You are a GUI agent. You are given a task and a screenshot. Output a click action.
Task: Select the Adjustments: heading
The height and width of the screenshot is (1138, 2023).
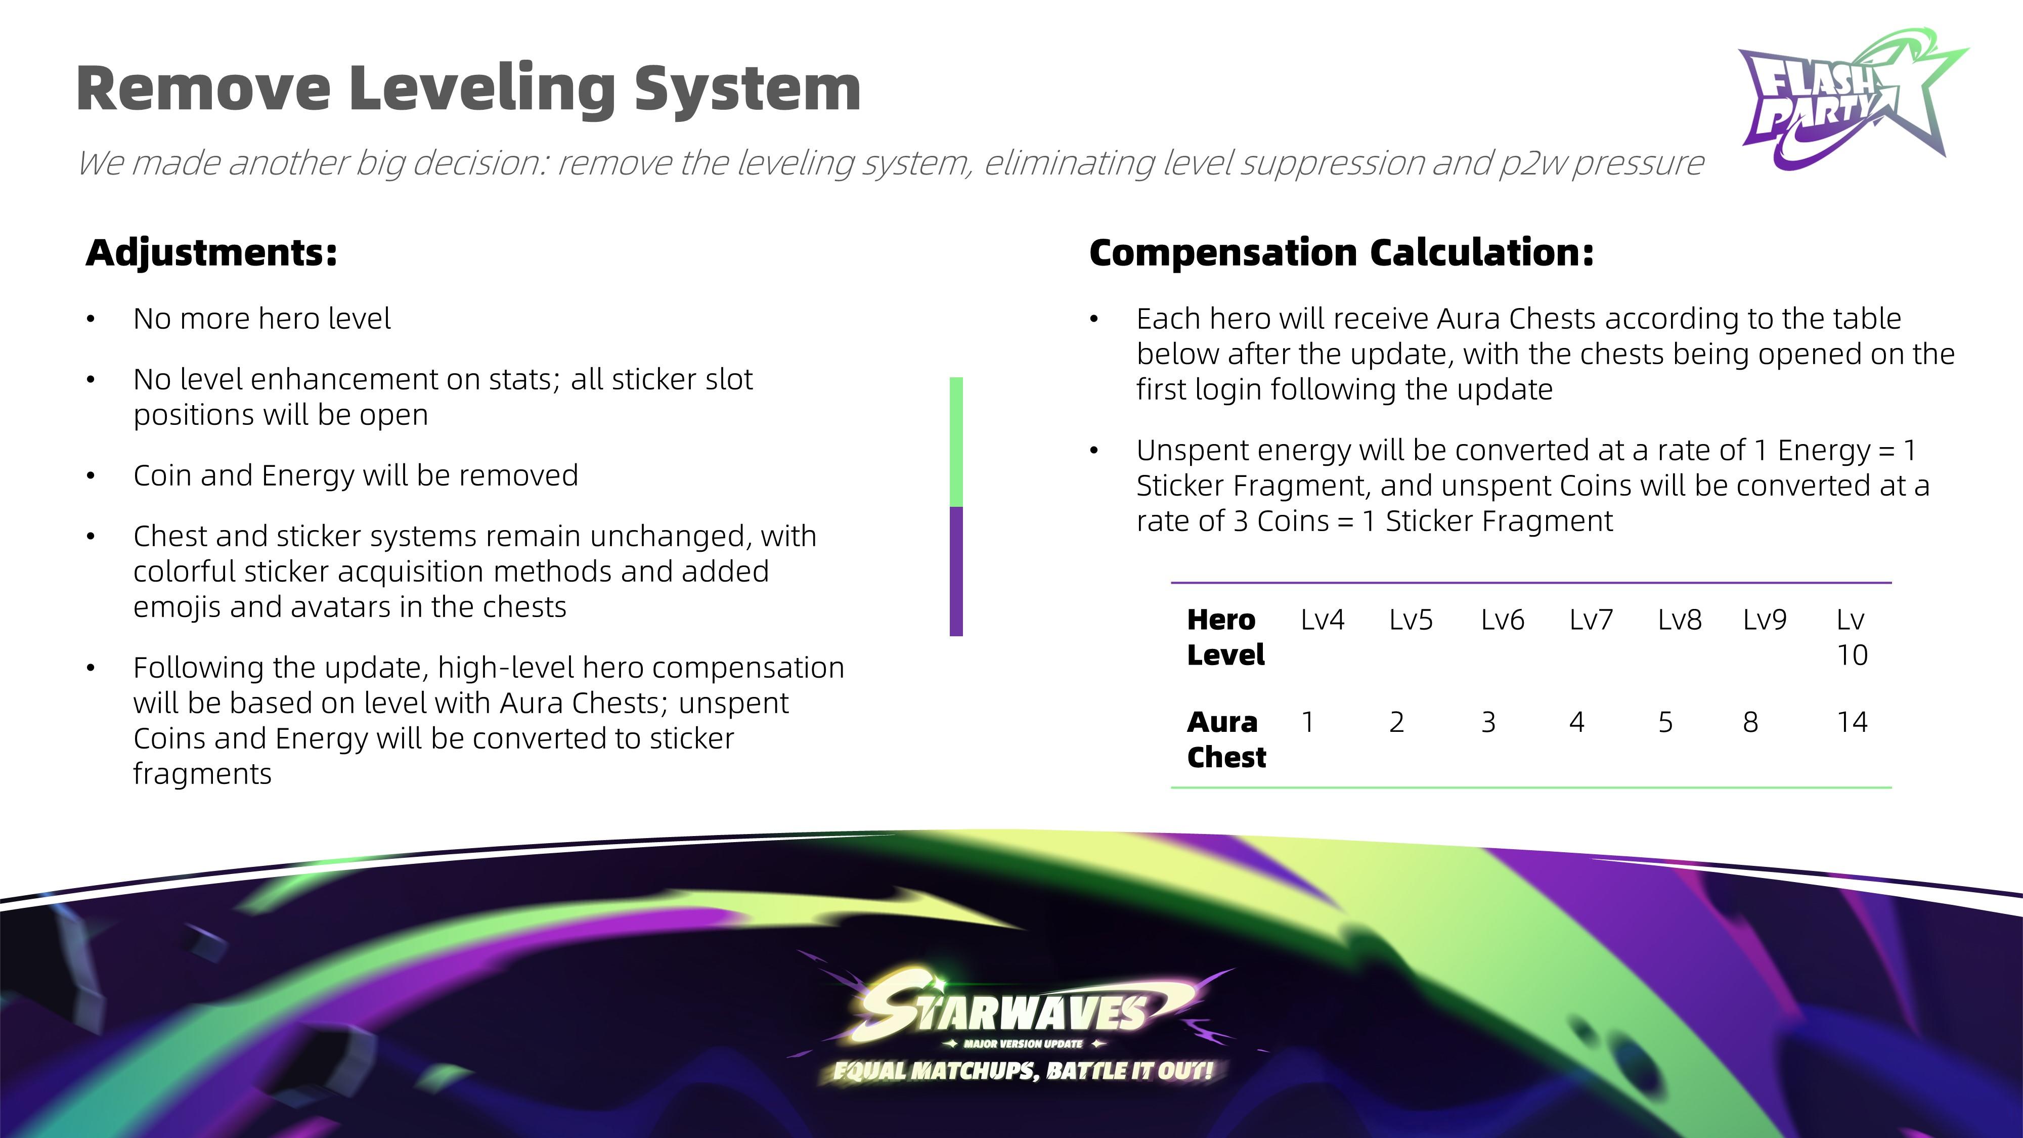pyautogui.click(x=211, y=253)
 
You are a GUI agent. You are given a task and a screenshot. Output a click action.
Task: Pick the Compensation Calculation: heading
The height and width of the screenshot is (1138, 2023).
pyautogui.click(x=1341, y=253)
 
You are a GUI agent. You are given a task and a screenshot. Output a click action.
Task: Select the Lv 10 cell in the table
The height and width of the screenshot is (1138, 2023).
pyautogui.click(x=1852, y=637)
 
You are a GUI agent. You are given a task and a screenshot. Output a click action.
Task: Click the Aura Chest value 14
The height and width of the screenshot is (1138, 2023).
pyautogui.click(x=1852, y=722)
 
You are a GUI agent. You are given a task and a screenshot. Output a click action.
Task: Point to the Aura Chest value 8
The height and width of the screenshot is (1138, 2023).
pyautogui.click(x=1750, y=722)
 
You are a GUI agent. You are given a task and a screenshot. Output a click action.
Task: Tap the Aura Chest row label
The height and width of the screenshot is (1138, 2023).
pyautogui.click(x=1226, y=739)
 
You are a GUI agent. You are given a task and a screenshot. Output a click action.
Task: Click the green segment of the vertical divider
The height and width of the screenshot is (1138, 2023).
pyautogui.click(x=956, y=442)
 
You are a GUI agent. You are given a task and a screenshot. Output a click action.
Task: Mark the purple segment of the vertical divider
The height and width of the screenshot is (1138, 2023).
pyautogui.click(x=956, y=572)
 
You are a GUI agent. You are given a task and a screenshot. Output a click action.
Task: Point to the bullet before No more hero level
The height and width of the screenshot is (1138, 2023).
pyautogui.click(x=91, y=319)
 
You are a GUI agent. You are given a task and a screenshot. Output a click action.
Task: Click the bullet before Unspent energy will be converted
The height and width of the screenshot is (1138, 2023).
pyautogui.click(x=1094, y=450)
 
